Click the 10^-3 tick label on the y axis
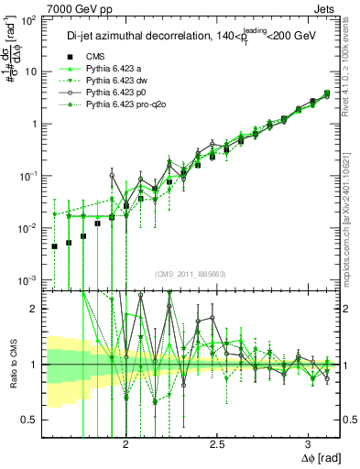point(29,279)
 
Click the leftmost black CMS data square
point(55,246)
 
